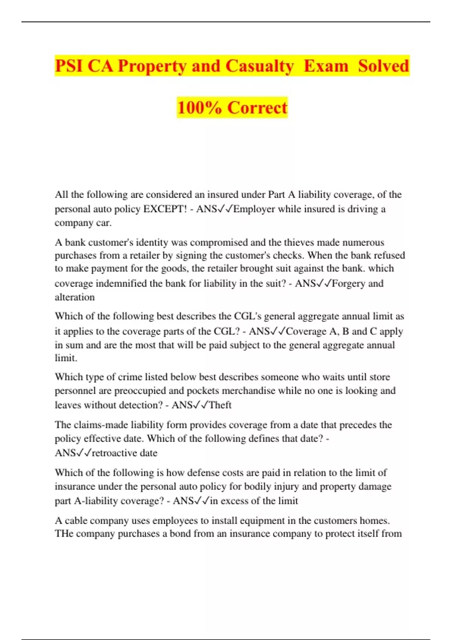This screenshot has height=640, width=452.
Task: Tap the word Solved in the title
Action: click(x=383, y=66)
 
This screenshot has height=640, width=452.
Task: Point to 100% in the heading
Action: click(x=199, y=108)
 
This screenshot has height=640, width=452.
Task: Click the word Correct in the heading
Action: click(x=257, y=108)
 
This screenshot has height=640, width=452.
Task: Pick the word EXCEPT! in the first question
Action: click(x=165, y=209)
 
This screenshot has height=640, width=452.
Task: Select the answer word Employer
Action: click(x=254, y=209)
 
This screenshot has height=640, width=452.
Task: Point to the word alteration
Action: click(x=75, y=297)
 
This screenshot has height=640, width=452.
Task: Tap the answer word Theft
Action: click(x=220, y=405)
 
